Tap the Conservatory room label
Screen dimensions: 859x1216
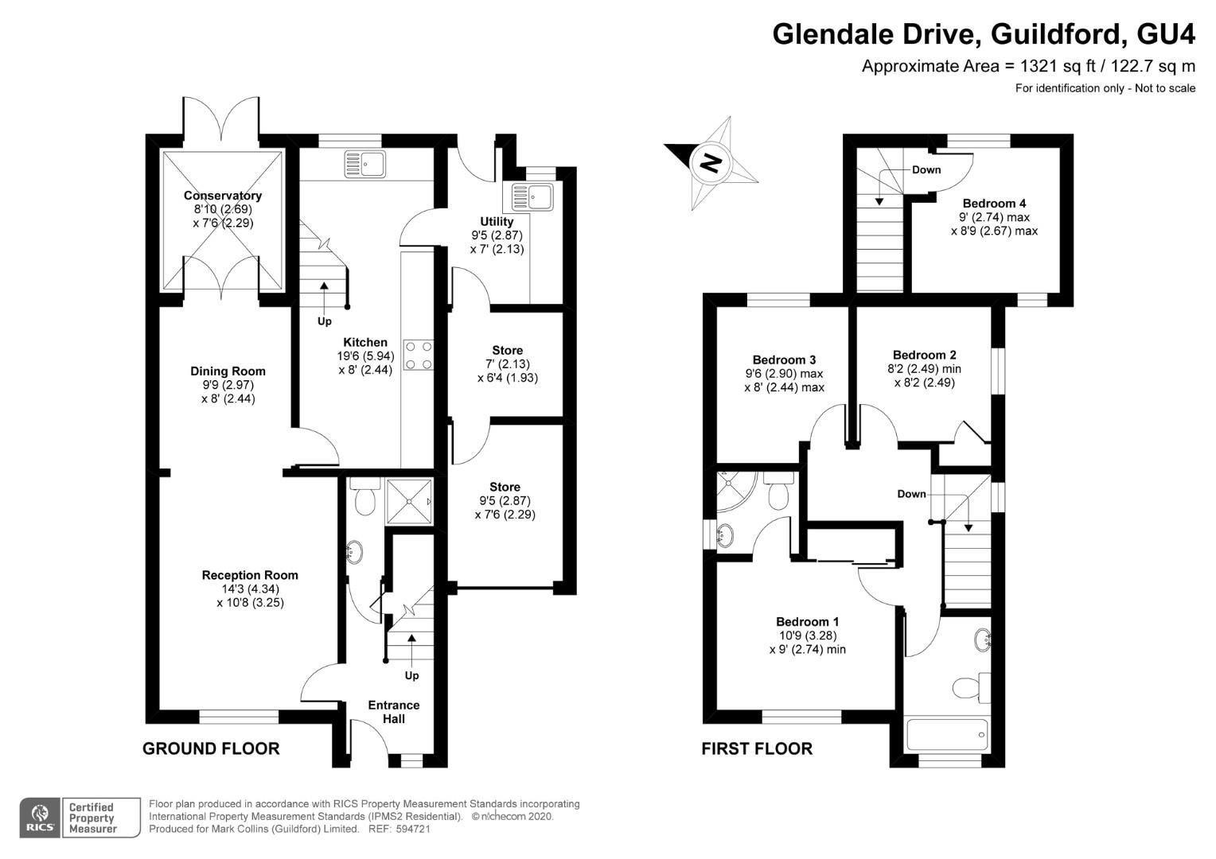222,196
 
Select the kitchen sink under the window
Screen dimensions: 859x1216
364,164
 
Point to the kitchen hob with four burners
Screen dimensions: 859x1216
419,355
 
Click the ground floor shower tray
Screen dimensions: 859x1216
410,502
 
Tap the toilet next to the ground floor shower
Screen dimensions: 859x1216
365,499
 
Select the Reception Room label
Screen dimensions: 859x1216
250,575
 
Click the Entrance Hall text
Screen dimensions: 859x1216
393,712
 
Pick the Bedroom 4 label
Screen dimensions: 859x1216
994,204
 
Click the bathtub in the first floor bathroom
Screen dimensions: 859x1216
947,734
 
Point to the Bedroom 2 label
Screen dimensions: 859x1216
924,355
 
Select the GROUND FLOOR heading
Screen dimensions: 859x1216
211,748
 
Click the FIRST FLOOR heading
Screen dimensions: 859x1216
757,748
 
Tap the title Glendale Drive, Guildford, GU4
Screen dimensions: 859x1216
984,34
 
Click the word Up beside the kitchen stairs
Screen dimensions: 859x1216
325,321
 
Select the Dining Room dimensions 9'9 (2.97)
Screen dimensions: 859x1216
228,385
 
